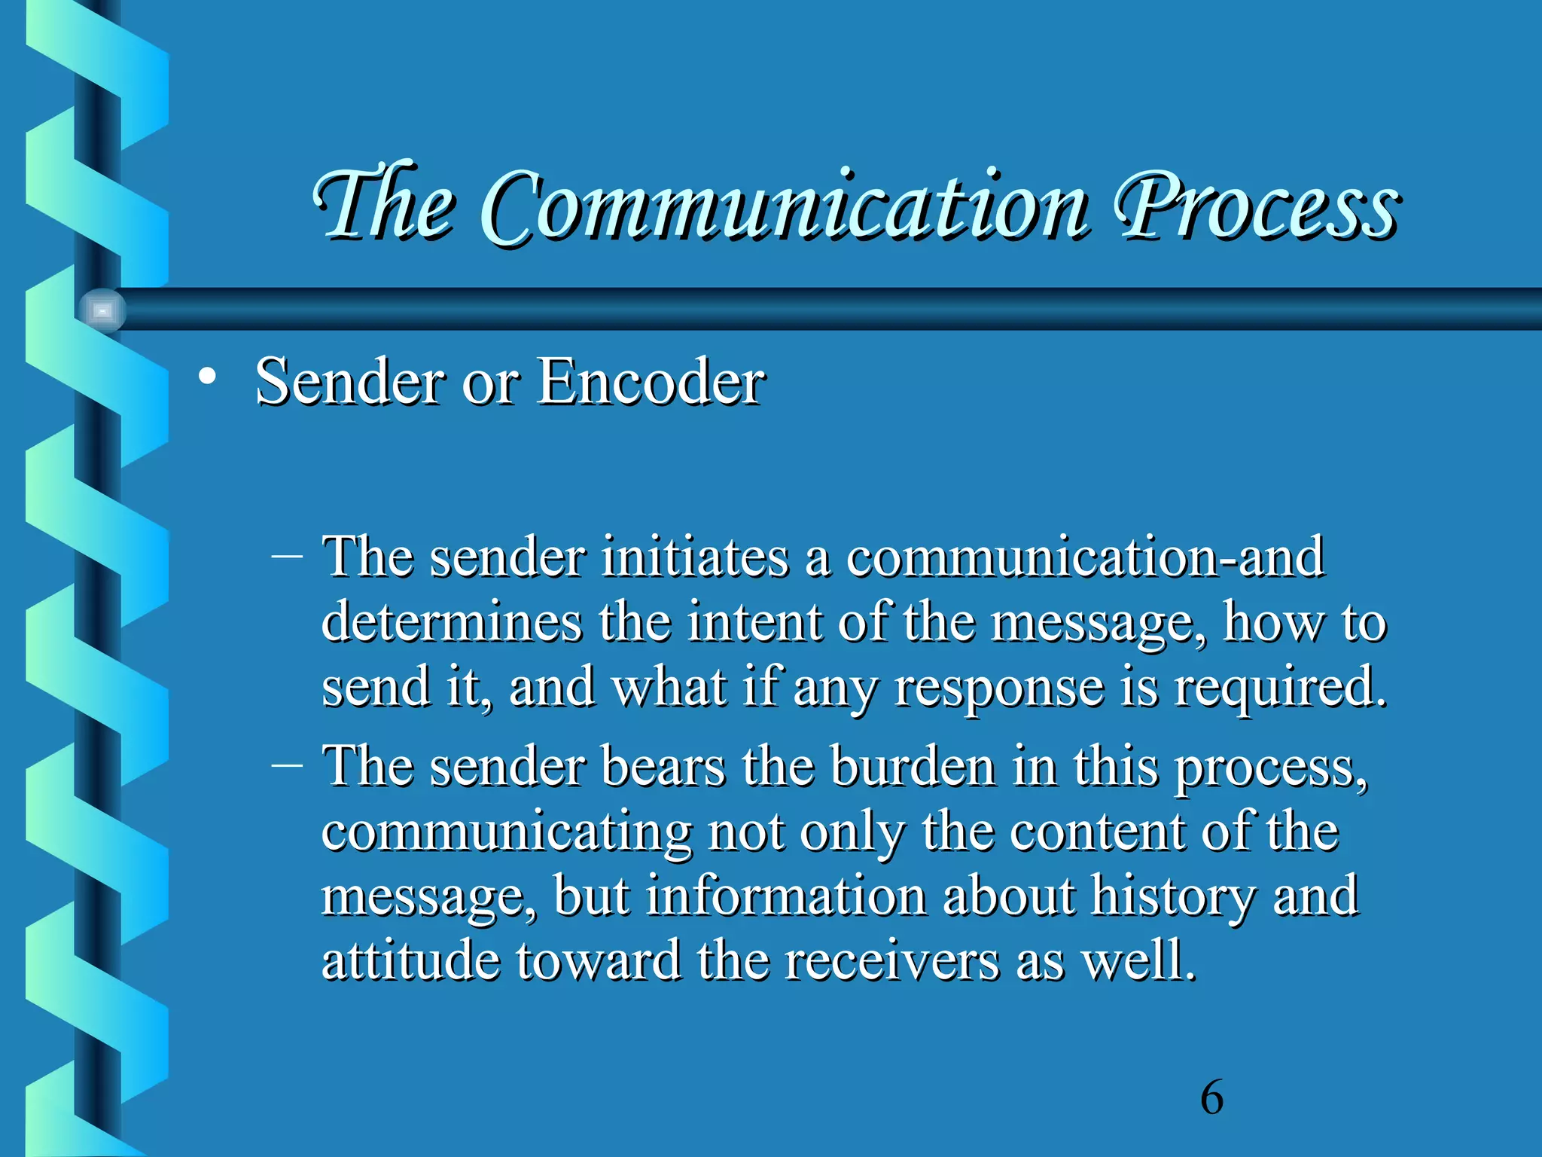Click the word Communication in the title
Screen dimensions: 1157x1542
pyautogui.click(x=783, y=207)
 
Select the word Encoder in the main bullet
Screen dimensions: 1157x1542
pyautogui.click(x=651, y=383)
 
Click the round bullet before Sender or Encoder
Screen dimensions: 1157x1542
pyautogui.click(x=208, y=376)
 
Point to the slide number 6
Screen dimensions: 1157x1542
pyautogui.click(x=1211, y=1097)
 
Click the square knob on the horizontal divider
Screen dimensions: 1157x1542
pyautogui.click(x=102, y=310)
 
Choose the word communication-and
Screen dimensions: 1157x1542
pyautogui.click(x=1085, y=557)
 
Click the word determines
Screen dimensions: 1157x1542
pyautogui.click(x=452, y=622)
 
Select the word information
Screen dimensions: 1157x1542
pyautogui.click(x=786, y=896)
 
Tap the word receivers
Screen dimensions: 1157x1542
pyautogui.click(x=891, y=961)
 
